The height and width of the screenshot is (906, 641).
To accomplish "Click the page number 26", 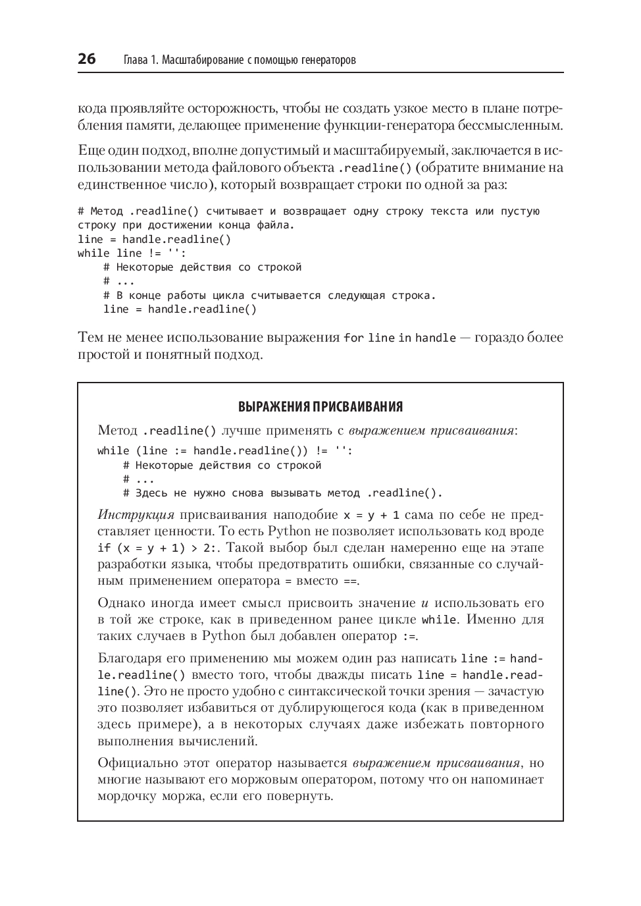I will (87, 59).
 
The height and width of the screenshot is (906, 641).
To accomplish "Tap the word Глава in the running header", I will (135, 61).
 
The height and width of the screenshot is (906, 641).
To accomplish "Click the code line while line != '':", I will (132, 253).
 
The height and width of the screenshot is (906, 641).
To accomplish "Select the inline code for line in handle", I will (399, 338).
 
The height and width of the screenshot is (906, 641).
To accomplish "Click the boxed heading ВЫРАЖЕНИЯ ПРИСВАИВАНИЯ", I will (320, 406).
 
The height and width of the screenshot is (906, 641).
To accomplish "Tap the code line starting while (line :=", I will (225, 451).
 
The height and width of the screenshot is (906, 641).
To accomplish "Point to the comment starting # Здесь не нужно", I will (282, 493).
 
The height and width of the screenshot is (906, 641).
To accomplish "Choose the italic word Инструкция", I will (136, 514).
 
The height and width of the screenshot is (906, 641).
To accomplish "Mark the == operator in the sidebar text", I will (349, 581).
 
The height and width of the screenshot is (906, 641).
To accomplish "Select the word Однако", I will (121, 602).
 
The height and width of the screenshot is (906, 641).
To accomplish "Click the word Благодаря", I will (130, 658).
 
